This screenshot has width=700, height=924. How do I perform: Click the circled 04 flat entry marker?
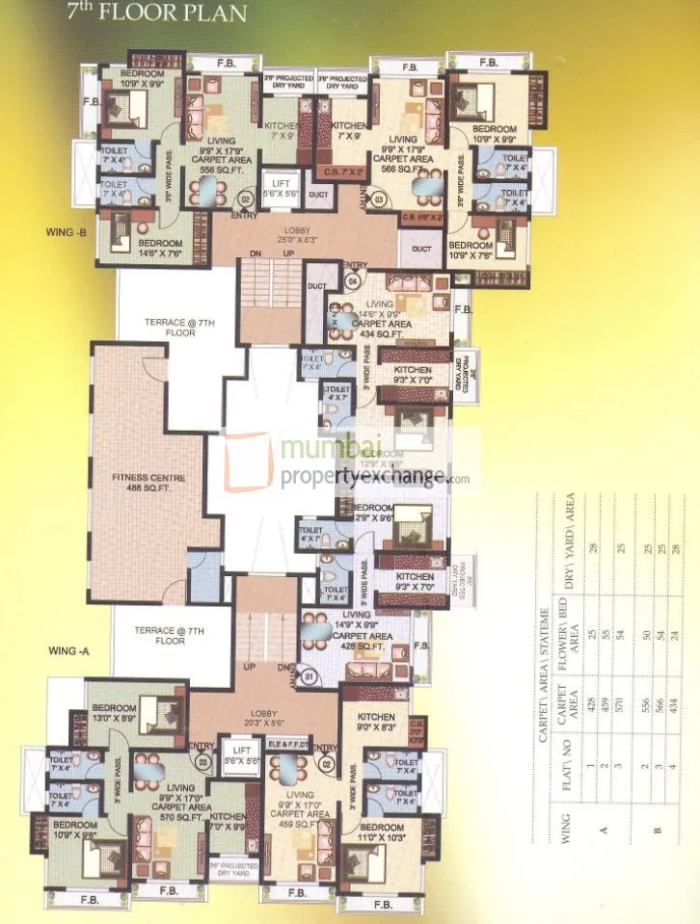coord(353,280)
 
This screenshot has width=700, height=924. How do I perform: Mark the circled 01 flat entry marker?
coord(310,676)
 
